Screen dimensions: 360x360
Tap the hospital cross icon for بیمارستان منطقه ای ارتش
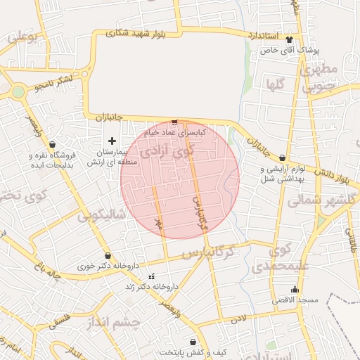point(112,141)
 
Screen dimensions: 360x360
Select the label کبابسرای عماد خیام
point(174,131)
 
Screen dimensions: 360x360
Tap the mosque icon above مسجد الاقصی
point(294,290)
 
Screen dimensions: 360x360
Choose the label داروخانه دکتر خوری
point(107,266)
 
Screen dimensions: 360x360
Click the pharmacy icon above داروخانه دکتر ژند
point(151,276)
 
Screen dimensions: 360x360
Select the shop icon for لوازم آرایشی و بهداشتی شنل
point(283,158)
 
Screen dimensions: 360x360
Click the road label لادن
point(239,319)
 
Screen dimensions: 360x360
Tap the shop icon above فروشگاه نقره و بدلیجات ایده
point(53,144)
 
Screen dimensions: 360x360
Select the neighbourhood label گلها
point(275,84)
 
